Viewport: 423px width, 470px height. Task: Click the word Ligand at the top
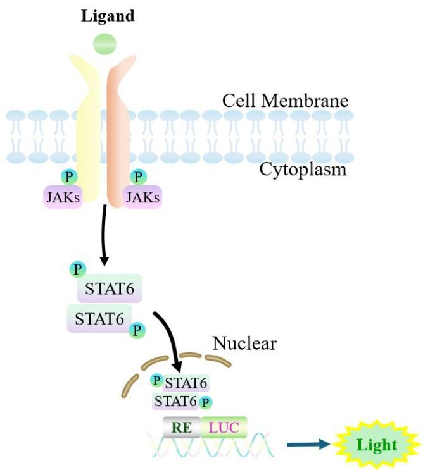[x=108, y=16]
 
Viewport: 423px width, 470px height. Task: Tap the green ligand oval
[x=104, y=44]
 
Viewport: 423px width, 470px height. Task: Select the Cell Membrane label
[x=285, y=101]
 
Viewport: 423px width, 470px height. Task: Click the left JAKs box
[x=63, y=196]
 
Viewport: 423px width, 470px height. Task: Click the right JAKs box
[x=143, y=196]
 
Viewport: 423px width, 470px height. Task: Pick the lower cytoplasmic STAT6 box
[x=99, y=318]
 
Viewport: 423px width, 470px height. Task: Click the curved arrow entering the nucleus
[x=171, y=338]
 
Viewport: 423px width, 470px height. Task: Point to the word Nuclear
[x=244, y=344]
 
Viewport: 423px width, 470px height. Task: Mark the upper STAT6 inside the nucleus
[x=186, y=382]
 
